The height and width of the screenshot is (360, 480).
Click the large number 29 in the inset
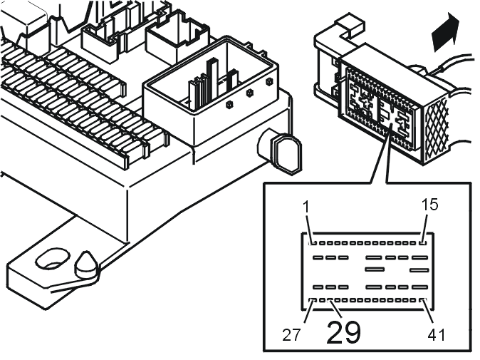344,332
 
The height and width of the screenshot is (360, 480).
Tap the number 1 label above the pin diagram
306,207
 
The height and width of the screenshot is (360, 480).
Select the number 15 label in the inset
430,205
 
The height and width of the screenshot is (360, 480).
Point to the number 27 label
291,336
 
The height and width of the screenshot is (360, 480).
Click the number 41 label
437,336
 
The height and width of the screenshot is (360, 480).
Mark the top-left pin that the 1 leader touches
312,243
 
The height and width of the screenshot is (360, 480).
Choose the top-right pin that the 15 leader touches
422,243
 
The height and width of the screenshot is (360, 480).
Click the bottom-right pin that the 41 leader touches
423,300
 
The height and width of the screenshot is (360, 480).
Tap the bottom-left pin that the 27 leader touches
312,300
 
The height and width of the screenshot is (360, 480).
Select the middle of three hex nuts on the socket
250,93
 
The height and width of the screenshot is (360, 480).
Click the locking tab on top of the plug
351,24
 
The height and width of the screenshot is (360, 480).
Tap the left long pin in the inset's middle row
375,269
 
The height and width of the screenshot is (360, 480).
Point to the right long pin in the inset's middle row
419,270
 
